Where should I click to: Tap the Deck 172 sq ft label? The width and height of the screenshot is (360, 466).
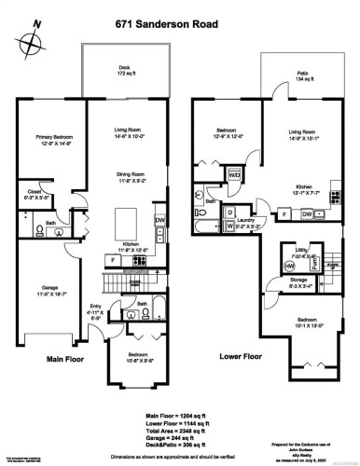pos(124,71)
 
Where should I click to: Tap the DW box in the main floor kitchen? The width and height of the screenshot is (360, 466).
pos(159,221)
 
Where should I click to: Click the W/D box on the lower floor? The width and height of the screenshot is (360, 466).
pos(234,175)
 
